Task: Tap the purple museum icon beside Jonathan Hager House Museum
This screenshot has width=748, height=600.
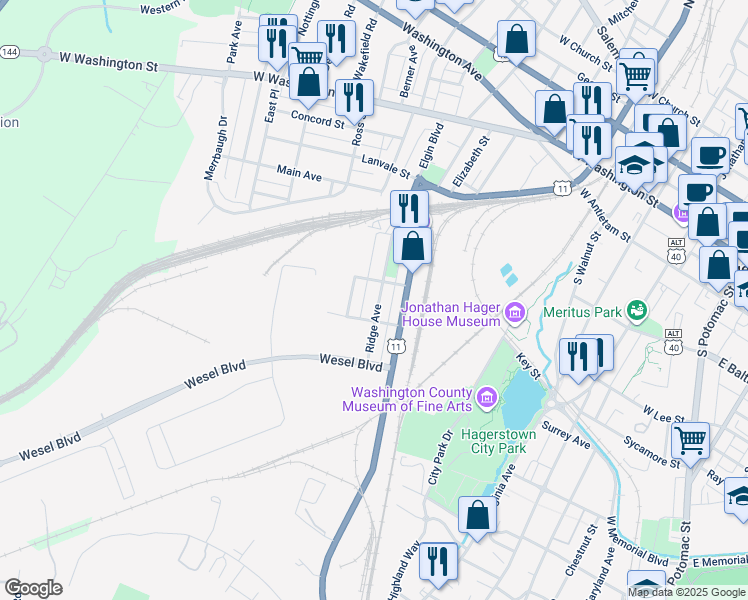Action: tap(515, 314)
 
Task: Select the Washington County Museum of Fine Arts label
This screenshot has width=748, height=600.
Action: tap(410, 399)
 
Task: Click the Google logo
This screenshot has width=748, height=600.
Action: tap(33, 587)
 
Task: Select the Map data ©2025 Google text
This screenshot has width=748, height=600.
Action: tap(686, 592)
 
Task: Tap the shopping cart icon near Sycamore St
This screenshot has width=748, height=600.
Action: tap(690, 437)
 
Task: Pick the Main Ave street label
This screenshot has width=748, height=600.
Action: tap(299, 174)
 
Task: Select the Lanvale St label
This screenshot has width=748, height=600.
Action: tap(386, 165)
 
